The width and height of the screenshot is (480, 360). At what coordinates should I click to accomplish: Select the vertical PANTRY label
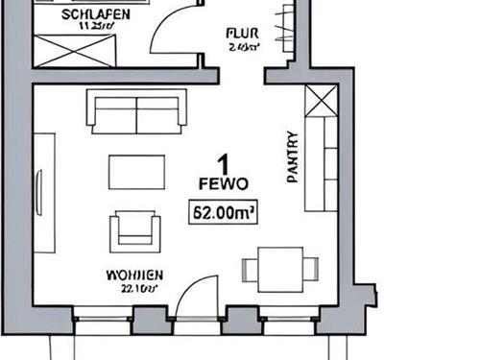click(x=293, y=157)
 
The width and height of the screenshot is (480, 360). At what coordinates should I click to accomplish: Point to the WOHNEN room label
click(x=132, y=275)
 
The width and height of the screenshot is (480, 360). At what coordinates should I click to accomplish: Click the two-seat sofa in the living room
click(x=136, y=111)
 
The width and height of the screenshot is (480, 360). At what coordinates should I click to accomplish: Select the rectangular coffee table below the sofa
click(x=136, y=172)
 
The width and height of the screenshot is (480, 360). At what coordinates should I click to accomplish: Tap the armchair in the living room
click(x=135, y=230)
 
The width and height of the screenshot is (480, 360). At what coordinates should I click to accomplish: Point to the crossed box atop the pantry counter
click(x=321, y=100)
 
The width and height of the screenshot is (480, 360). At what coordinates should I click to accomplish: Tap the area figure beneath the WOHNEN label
click(x=132, y=287)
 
